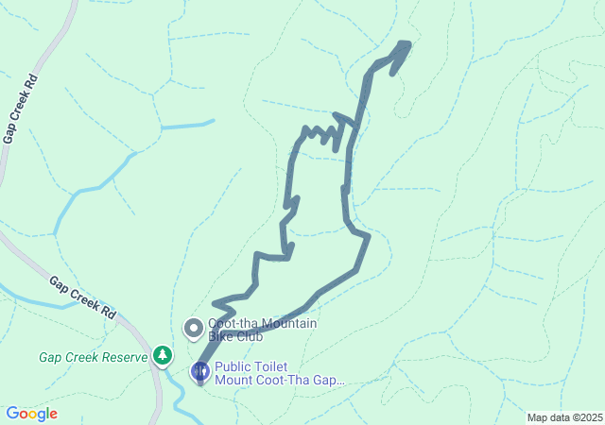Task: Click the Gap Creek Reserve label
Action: tap(94, 357)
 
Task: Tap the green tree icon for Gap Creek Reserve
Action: tap(164, 355)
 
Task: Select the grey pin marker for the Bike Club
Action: tap(194, 329)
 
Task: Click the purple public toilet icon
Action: tap(200, 371)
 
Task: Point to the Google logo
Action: tap(31, 414)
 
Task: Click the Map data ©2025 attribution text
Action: tap(564, 417)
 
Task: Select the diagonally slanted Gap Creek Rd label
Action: tap(83, 297)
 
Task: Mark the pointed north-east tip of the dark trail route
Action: tap(408, 43)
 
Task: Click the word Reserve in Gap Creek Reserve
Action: tap(125, 357)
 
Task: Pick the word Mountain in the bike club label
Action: tap(288, 324)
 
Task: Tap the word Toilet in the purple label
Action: tap(273, 367)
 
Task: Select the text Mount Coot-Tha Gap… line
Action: tap(280, 381)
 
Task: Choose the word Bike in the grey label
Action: tap(221, 336)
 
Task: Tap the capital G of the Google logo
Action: tap(12, 413)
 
